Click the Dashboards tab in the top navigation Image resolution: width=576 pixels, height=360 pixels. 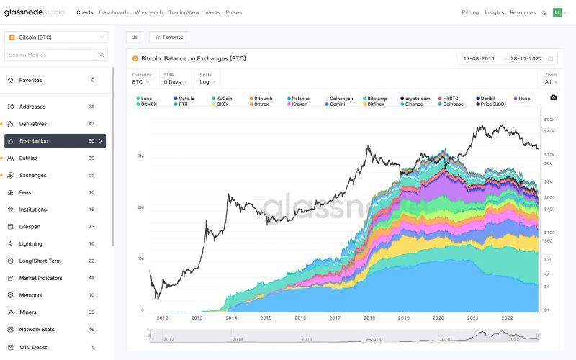pyautogui.click(x=114, y=12)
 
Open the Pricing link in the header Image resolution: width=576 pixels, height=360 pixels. pyautogui.click(x=470, y=12)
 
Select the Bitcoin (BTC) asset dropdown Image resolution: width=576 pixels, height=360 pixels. pyautogui.click(x=56, y=37)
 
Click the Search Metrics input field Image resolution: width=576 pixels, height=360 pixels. pyautogui.click(x=50, y=55)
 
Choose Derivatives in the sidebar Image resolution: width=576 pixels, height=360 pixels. pyautogui.click(x=33, y=124)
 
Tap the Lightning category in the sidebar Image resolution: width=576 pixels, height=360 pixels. pyautogui.click(x=31, y=244)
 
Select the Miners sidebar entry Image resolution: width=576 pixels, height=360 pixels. pyautogui.click(x=28, y=312)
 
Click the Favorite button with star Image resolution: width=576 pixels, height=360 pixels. pyautogui.click(x=169, y=37)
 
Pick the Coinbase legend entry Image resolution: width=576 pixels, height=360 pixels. pyautogui.click(x=453, y=104)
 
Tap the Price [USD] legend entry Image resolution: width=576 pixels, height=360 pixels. pyautogui.click(x=493, y=104)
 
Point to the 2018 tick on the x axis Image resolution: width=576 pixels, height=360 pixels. pyautogui.click(x=369, y=318)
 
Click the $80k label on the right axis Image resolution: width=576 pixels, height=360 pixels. pyautogui.click(x=549, y=120)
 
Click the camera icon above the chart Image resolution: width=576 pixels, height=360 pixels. pyautogui.click(x=553, y=98)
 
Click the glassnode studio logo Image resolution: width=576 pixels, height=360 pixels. pyautogui.click(x=35, y=12)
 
